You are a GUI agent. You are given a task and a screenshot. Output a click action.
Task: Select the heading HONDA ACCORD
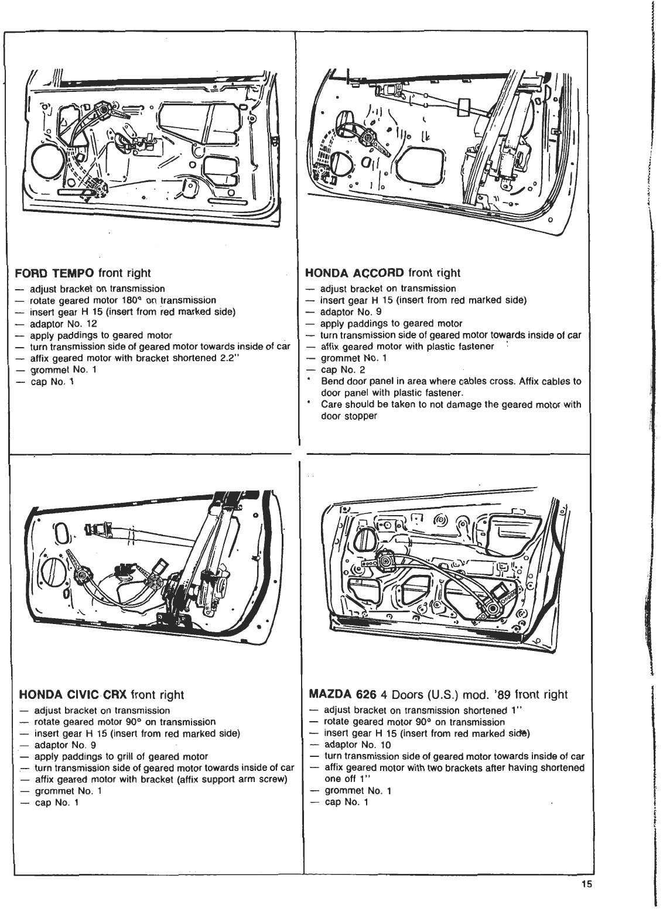(x=355, y=273)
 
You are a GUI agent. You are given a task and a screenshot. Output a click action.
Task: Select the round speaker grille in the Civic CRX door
(x=56, y=577)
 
